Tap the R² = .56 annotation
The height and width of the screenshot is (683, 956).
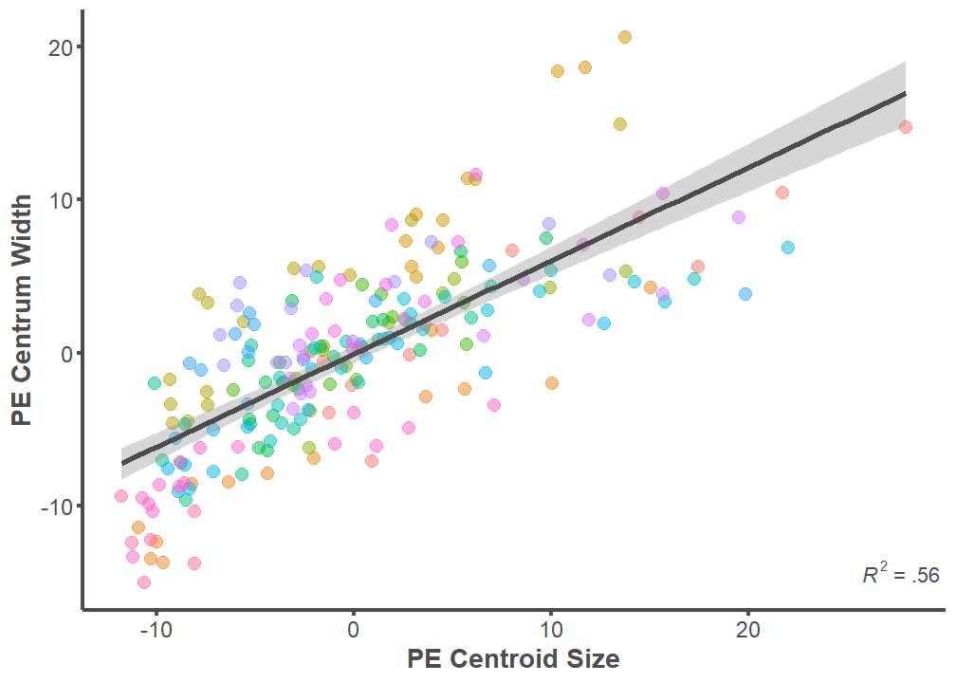point(900,575)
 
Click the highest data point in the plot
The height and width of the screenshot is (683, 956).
point(625,37)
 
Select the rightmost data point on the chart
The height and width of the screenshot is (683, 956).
point(906,127)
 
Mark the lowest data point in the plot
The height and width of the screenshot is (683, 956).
point(144,582)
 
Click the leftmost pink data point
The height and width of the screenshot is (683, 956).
point(121,496)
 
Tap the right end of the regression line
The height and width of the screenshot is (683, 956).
point(906,93)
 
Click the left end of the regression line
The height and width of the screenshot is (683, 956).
point(121,463)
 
